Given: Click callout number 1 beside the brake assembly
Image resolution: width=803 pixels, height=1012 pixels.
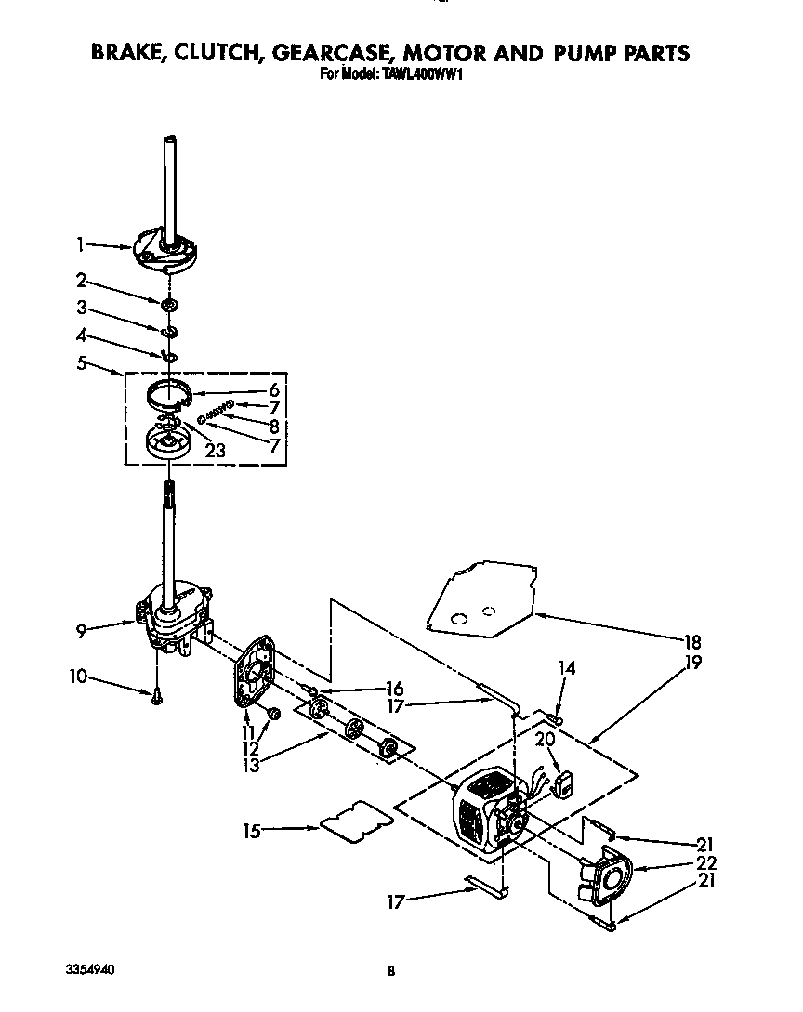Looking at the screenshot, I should [81, 244].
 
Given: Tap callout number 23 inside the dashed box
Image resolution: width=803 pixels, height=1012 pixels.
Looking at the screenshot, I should [215, 451].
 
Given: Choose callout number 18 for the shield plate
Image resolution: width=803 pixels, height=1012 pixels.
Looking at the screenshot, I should [692, 642].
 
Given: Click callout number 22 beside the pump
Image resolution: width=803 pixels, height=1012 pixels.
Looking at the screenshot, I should [707, 862].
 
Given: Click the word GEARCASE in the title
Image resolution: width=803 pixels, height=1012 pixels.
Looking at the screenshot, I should [338, 53].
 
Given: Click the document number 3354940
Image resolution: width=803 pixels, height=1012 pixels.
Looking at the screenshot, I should [91, 969].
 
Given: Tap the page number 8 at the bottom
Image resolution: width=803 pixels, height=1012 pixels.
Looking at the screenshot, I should [391, 971].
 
